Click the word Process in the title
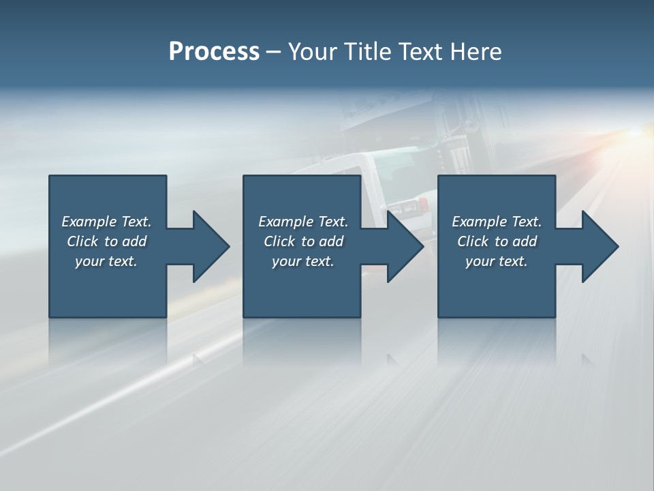214,52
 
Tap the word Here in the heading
475,52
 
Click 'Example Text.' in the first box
106,222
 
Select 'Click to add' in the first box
106,241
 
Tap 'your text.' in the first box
106,261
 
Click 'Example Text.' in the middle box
303,222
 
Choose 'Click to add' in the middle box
303,241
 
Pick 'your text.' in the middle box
303,261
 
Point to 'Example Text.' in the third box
497,222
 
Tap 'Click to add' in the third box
497,241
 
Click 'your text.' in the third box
497,261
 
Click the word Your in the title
313,52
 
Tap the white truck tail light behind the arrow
423,203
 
